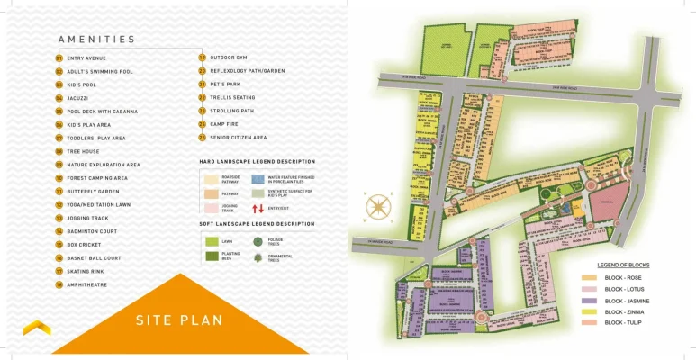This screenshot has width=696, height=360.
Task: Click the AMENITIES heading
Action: pos(96,40)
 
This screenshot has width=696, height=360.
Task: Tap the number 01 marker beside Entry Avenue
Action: pos(59,58)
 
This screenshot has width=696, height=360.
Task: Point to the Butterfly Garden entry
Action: pos(93,192)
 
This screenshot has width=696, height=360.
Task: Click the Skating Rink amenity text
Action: pos(86,271)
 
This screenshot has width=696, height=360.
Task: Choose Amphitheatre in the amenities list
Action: pos(87,284)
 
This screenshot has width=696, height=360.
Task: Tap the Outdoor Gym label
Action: pos(229,58)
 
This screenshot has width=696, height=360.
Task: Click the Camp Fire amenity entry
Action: pos(223,124)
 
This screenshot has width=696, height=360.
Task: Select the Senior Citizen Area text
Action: pos(238,138)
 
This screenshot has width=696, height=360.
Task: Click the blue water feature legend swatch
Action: pos(258,180)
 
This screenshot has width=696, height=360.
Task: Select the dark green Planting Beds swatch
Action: pos(211,256)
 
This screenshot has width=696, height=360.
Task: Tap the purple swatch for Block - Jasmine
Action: pos(589,301)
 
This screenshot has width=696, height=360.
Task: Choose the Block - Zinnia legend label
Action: pos(624,311)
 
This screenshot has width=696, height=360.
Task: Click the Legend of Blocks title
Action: pos(624,265)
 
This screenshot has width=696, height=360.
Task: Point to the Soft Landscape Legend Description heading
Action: pos(257,223)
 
